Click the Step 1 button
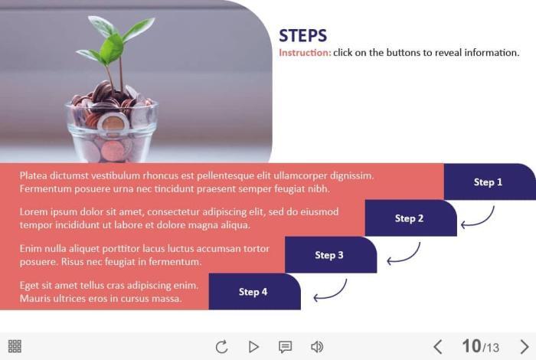489,182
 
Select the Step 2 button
411,218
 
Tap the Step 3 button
331,255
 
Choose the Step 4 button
255,292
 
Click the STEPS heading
303,35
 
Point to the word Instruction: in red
305,53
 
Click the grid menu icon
15,346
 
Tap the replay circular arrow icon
221,347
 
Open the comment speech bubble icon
285,347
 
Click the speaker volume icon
317,347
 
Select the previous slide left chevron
438,347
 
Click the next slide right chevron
525,347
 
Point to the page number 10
472,346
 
